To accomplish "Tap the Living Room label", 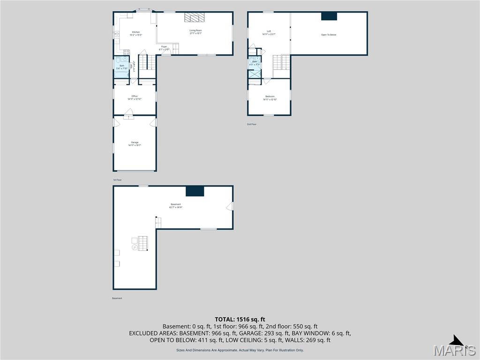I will [x=195, y=31].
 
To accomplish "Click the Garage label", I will [x=135, y=144].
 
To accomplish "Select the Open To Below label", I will [x=329, y=35].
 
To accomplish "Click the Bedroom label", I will [x=270, y=97].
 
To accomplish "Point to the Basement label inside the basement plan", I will [x=176, y=206].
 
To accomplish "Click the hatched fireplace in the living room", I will [x=195, y=17].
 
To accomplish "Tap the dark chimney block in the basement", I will [x=195, y=191].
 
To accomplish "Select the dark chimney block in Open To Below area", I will [x=329, y=16].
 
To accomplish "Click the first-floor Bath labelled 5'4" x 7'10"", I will [x=122, y=67].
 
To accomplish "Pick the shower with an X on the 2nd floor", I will [x=255, y=73].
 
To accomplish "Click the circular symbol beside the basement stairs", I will [x=135, y=247].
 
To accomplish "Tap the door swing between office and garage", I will [x=128, y=112].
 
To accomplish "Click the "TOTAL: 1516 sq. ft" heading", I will [x=240, y=319].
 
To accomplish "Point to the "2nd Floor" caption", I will [x=252, y=124].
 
